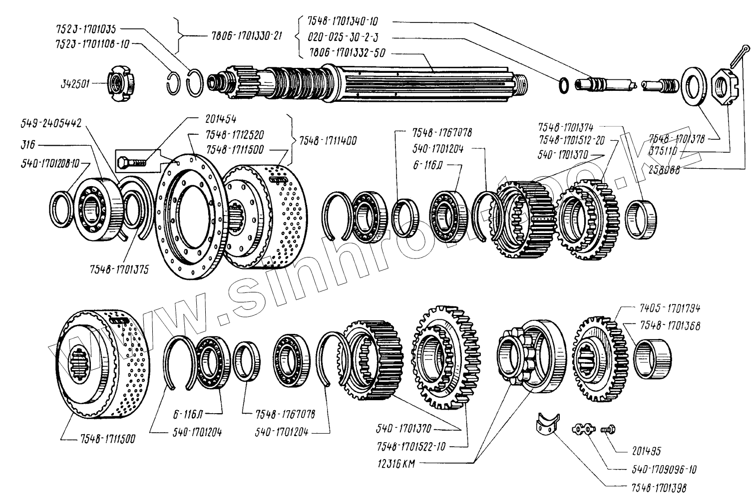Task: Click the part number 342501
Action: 74,85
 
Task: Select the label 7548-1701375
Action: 120,269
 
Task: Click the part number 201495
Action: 645,451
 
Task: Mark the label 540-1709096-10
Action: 658,470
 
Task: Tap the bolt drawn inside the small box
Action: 132,162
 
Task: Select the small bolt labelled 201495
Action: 608,428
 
